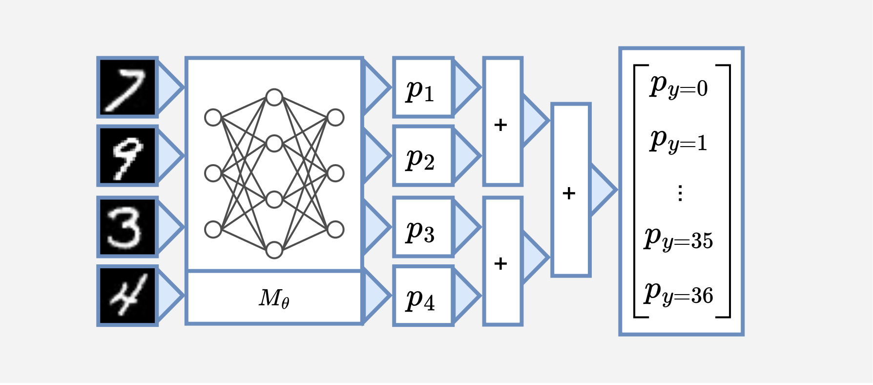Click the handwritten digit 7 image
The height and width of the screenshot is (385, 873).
[127, 87]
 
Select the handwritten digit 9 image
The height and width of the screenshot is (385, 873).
[127, 156]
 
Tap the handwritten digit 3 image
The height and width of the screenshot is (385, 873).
[127, 227]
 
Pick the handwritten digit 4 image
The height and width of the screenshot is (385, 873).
[127, 295]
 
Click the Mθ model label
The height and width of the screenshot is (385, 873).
[274, 298]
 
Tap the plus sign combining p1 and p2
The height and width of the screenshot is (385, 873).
[500, 125]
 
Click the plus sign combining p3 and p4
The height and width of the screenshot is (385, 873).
[500, 264]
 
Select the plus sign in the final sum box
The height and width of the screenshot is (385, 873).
[569, 193]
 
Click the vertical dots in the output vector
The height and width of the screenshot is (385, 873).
[680, 193]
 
